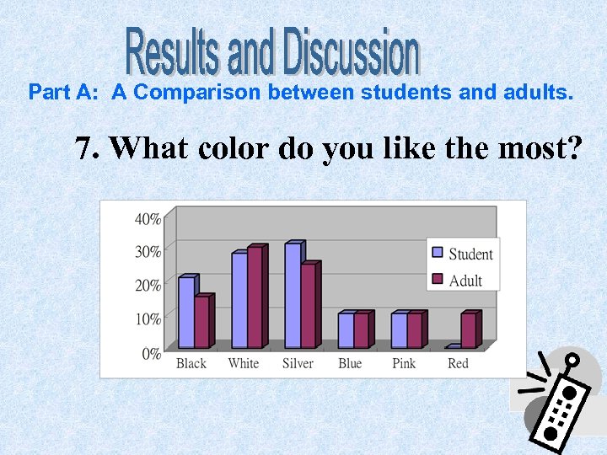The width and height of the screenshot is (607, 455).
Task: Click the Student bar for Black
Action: pyautogui.click(x=186, y=313)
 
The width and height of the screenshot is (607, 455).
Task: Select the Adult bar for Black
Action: pyautogui.click(x=201, y=322)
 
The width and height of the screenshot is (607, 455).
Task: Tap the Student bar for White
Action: pyautogui.click(x=239, y=301)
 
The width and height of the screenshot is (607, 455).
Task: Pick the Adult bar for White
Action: pyautogui.click(x=255, y=297)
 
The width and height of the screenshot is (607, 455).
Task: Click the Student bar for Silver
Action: pyautogui.click(x=293, y=296)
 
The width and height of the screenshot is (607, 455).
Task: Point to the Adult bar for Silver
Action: pyautogui.click(x=308, y=306)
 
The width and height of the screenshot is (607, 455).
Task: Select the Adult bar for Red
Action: pyautogui.click(x=468, y=330)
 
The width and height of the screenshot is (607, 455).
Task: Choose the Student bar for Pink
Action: pyautogui.click(x=399, y=330)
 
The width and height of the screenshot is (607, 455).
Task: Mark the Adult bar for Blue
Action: pyautogui.click(x=361, y=330)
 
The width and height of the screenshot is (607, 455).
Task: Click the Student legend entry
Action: pyautogui.click(x=463, y=254)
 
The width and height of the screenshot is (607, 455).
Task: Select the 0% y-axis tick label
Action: pyautogui.click(x=151, y=353)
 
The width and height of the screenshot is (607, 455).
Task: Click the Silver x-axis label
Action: pyautogui.click(x=298, y=363)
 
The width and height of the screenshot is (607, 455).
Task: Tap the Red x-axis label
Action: pyautogui.click(x=458, y=363)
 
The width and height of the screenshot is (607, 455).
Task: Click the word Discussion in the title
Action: pyautogui.click(x=351, y=51)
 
